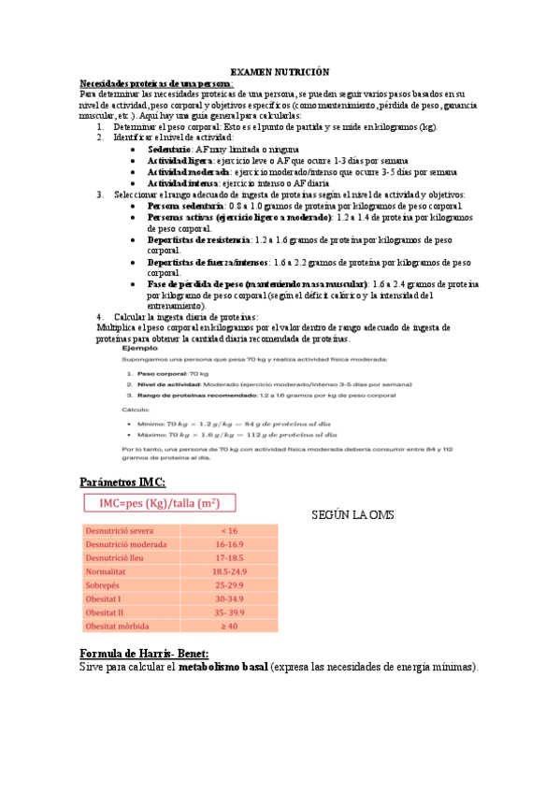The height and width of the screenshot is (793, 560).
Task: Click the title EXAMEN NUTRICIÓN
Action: point(280,72)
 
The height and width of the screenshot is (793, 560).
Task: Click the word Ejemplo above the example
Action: point(138,348)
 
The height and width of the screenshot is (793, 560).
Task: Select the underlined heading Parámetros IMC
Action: point(122,481)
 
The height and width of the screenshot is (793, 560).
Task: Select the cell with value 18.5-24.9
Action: point(228,570)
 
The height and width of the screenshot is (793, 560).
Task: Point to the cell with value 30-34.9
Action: point(228,598)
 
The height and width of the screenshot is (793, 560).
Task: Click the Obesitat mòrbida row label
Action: point(122,625)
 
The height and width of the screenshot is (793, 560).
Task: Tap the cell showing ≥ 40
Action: point(228,625)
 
